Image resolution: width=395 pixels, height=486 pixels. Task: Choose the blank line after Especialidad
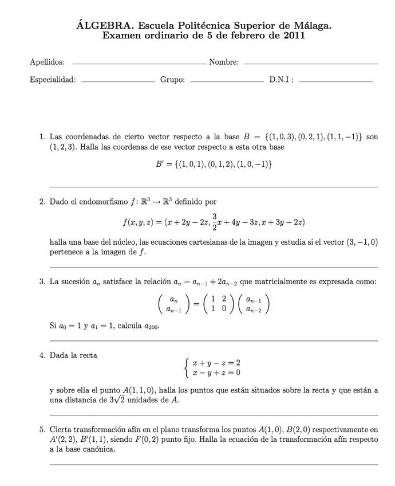tap(118, 81)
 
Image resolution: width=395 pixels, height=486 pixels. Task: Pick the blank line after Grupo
tap(226, 81)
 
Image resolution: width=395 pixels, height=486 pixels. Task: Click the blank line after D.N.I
tap(335, 81)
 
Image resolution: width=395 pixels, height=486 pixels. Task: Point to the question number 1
tap(42, 138)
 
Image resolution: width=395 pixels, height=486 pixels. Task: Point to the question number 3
tap(42, 282)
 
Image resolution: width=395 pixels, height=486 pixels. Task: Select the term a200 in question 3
tap(152, 326)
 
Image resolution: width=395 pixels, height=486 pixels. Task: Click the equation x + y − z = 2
tap(216, 363)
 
